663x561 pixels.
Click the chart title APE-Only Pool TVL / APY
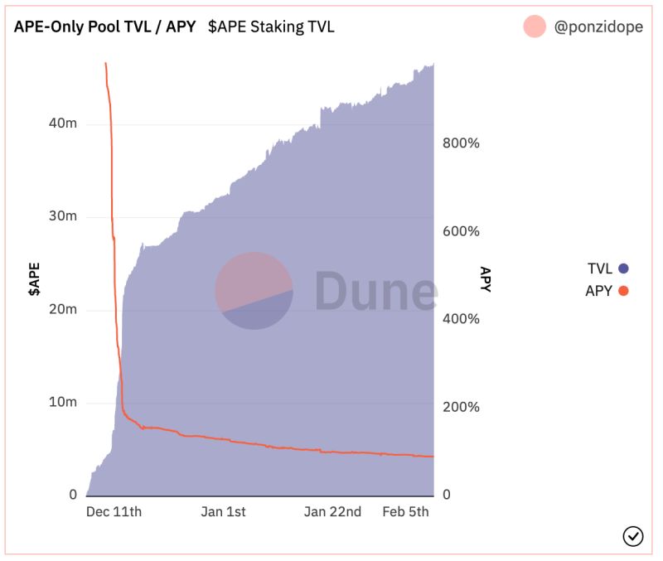pos(104,27)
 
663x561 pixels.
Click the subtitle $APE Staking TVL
pos(271,27)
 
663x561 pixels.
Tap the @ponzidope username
pos(598,27)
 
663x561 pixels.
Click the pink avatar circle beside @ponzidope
pos(535,27)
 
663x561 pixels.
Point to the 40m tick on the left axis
pos(64,123)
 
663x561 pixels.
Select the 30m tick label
pos(64,215)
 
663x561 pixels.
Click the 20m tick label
pos(64,309)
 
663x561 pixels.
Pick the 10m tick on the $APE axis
pos(64,402)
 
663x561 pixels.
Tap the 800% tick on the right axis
pos(461,143)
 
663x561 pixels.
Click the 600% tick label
pos(461,231)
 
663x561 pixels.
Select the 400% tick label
pos(461,319)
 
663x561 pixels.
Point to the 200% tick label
pos(461,407)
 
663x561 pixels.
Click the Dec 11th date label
pos(114,511)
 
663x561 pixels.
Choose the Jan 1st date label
pos(224,511)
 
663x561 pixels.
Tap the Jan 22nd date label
pos(332,511)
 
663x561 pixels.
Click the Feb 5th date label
pos(405,511)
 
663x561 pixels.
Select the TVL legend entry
pos(607,268)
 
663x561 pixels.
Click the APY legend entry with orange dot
pos(607,290)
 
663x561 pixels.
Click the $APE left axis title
pos(34,279)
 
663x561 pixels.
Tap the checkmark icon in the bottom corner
pos(632,536)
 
